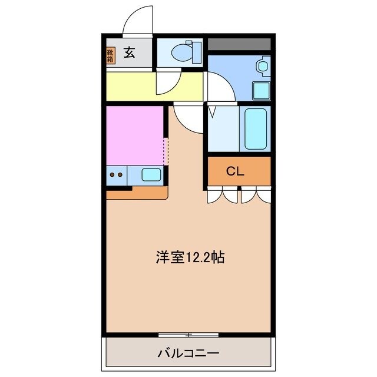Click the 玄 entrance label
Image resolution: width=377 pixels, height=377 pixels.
(130, 54)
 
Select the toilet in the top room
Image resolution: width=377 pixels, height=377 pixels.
(180, 52)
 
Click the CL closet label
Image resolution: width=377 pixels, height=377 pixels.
(236, 171)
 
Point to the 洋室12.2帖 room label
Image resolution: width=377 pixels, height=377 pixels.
(189, 257)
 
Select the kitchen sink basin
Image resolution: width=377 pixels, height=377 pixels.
(151, 174)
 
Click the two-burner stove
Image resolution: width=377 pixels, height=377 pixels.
(115, 174)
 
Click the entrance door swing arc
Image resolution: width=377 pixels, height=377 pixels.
(136, 22)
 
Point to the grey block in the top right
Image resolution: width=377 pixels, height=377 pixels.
(239, 44)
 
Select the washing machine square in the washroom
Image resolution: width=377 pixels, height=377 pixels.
(261, 91)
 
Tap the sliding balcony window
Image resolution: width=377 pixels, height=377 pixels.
(188, 335)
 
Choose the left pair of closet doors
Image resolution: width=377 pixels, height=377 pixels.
(223, 195)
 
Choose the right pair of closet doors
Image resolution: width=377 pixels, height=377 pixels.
(256, 195)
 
